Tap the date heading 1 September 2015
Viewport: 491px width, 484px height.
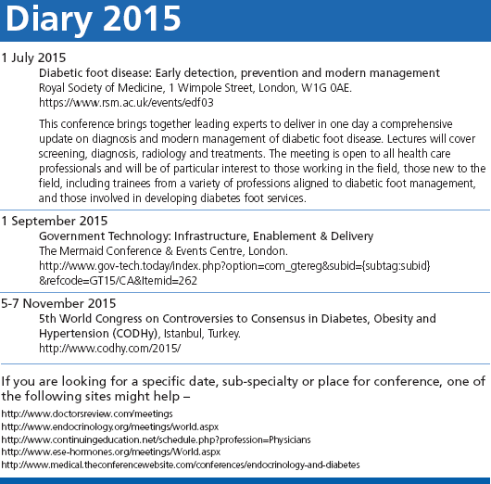coord(54,221)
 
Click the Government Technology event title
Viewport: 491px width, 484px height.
coord(206,236)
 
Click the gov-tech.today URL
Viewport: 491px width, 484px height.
coord(234,266)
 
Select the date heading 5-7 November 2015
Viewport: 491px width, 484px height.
coord(58,302)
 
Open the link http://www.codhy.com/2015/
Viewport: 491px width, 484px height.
coord(109,348)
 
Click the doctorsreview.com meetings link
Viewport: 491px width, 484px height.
coord(87,412)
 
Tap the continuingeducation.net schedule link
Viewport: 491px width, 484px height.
coord(156,438)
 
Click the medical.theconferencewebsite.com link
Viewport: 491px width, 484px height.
coord(181,464)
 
